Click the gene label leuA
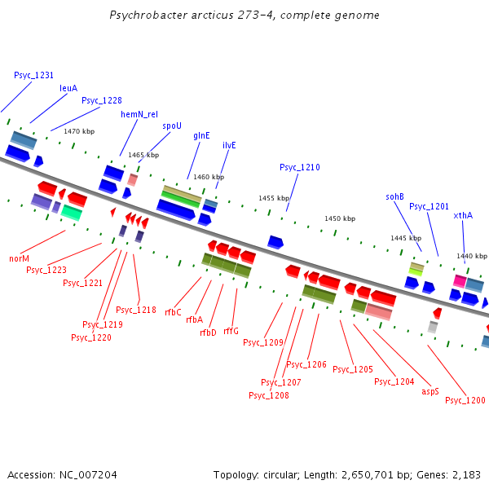click(x=68, y=88)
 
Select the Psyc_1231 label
click(x=33, y=75)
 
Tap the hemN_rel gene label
click(x=139, y=115)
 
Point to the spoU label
click(x=171, y=126)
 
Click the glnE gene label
click(x=201, y=135)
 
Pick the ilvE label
click(x=229, y=145)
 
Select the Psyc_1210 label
click(x=300, y=167)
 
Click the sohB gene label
click(x=394, y=196)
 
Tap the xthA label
click(x=463, y=215)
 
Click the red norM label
click(x=19, y=258)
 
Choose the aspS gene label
click(x=430, y=391)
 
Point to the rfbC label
click(x=173, y=312)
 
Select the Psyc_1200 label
click(x=465, y=400)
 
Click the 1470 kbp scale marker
click(x=79, y=131)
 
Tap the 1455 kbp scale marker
click(x=274, y=198)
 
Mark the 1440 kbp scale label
click(x=471, y=256)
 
